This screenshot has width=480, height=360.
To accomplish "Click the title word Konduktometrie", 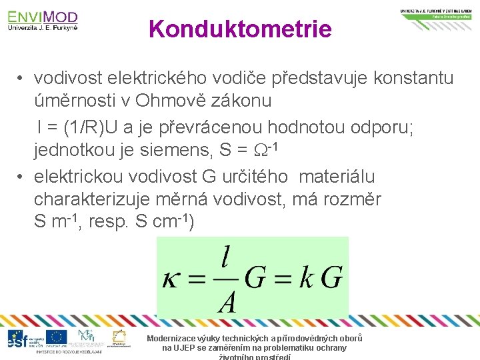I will coord(240,29).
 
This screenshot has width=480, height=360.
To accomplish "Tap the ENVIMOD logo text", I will coord(43,17).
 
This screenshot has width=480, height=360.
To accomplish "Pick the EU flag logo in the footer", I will coord(57,337).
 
